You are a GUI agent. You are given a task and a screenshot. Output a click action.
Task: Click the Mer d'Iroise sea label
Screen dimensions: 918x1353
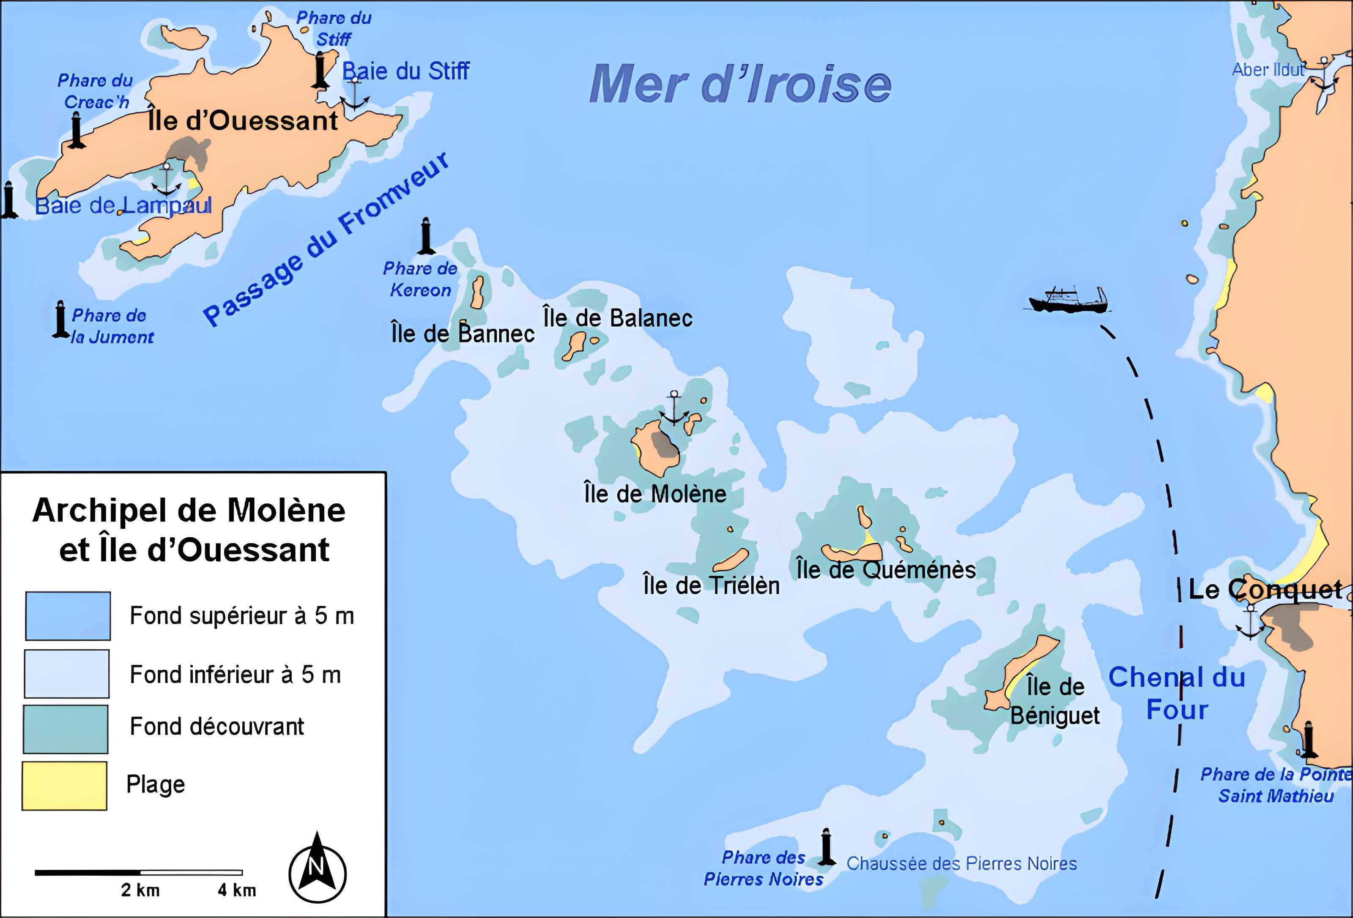tap(739, 85)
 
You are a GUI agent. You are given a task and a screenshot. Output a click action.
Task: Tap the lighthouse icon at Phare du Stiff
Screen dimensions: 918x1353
tap(320, 70)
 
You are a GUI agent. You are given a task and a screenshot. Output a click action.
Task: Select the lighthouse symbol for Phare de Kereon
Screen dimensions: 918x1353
tap(426, 236)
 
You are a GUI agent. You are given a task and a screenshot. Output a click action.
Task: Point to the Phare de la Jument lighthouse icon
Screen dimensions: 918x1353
tap(60, 319)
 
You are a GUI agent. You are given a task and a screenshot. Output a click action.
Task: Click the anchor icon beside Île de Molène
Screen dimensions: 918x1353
tap(674, 409)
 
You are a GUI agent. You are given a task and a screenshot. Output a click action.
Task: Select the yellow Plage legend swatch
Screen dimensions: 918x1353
tap(65, 785)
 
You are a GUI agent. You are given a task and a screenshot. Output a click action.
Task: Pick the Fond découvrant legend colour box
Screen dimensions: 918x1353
tap(66, 729)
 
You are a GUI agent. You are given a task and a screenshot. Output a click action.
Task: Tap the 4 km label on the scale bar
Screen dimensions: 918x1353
tap(237, 890)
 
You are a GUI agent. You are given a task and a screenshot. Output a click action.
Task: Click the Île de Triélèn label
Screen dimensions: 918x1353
tap(711, 585)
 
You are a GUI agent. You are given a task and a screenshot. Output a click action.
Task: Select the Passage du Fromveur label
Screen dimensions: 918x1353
tap(326, 239)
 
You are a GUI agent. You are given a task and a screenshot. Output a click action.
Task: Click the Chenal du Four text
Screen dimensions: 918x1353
tap(1176, 693)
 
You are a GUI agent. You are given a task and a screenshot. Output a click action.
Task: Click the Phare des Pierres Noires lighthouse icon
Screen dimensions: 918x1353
tap(825, 847)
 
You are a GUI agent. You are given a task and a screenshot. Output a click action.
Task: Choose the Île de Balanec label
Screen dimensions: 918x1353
tap(618, 318)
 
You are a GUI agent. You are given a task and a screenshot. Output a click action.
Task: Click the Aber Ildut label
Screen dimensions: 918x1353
tap(1268, 70)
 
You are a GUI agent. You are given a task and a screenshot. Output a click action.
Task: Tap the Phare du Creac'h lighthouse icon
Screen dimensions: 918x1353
tap(76, 131)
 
